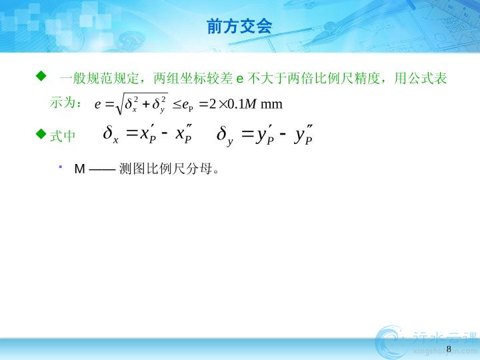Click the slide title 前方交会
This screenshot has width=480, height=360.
pos(239,26)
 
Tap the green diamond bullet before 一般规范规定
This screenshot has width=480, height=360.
pos(41,75)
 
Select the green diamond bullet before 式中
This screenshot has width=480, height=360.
pos(41,134)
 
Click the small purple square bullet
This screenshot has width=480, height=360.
pos(61,167)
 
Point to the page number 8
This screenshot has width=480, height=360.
pos(449,349)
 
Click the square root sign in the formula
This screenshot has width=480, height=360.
pos(119,103)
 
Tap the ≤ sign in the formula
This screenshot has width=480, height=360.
pos(177,105)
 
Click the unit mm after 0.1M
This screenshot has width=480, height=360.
pos(271,105)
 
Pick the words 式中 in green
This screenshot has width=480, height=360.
pos(63,136)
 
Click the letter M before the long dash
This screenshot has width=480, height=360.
pos(79,169)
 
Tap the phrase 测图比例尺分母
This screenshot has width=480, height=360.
pos(165,169)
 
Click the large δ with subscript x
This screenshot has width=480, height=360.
pos(111,134)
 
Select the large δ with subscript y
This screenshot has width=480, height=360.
pos(225,135)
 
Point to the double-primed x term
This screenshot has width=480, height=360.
pos(184,134)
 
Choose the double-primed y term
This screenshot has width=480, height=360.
pos(303,135)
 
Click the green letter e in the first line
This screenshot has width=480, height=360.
pos(240,79)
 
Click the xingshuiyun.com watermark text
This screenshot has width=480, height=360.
pos(445,352)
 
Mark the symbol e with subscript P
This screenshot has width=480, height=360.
pos(187,106)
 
